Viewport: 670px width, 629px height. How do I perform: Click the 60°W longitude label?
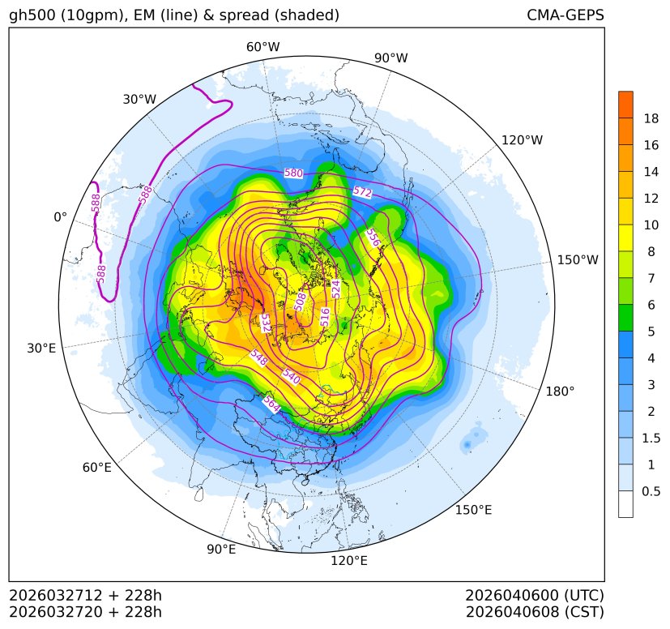click(262, 47)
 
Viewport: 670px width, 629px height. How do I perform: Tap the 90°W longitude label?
click(390, 58)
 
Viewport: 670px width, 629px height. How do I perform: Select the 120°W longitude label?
click(522, 140)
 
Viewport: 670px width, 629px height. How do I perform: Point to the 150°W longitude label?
click(578, 259)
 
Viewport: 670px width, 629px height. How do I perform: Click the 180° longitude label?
click(560, 391)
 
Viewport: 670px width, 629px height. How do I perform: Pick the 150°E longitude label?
click(473, 510)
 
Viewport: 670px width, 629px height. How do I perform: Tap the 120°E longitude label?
click(349, 560)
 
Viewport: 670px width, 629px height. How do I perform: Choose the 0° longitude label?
click(60, 217)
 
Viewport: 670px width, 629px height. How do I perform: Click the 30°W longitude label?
click(139, 99)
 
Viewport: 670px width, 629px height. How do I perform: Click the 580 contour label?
click(293, 173)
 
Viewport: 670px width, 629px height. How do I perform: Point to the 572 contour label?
click(362, 192)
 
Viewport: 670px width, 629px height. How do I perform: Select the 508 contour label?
click(301, 302)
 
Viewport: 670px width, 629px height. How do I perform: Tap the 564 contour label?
click(271, 404)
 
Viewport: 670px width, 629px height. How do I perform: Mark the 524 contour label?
click(336, 288)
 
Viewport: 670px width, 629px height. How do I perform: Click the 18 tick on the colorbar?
click(651, 118)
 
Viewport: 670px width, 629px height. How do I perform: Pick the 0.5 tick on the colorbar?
click(651, 491)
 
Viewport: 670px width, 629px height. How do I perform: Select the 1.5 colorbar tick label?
click(651, 438)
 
